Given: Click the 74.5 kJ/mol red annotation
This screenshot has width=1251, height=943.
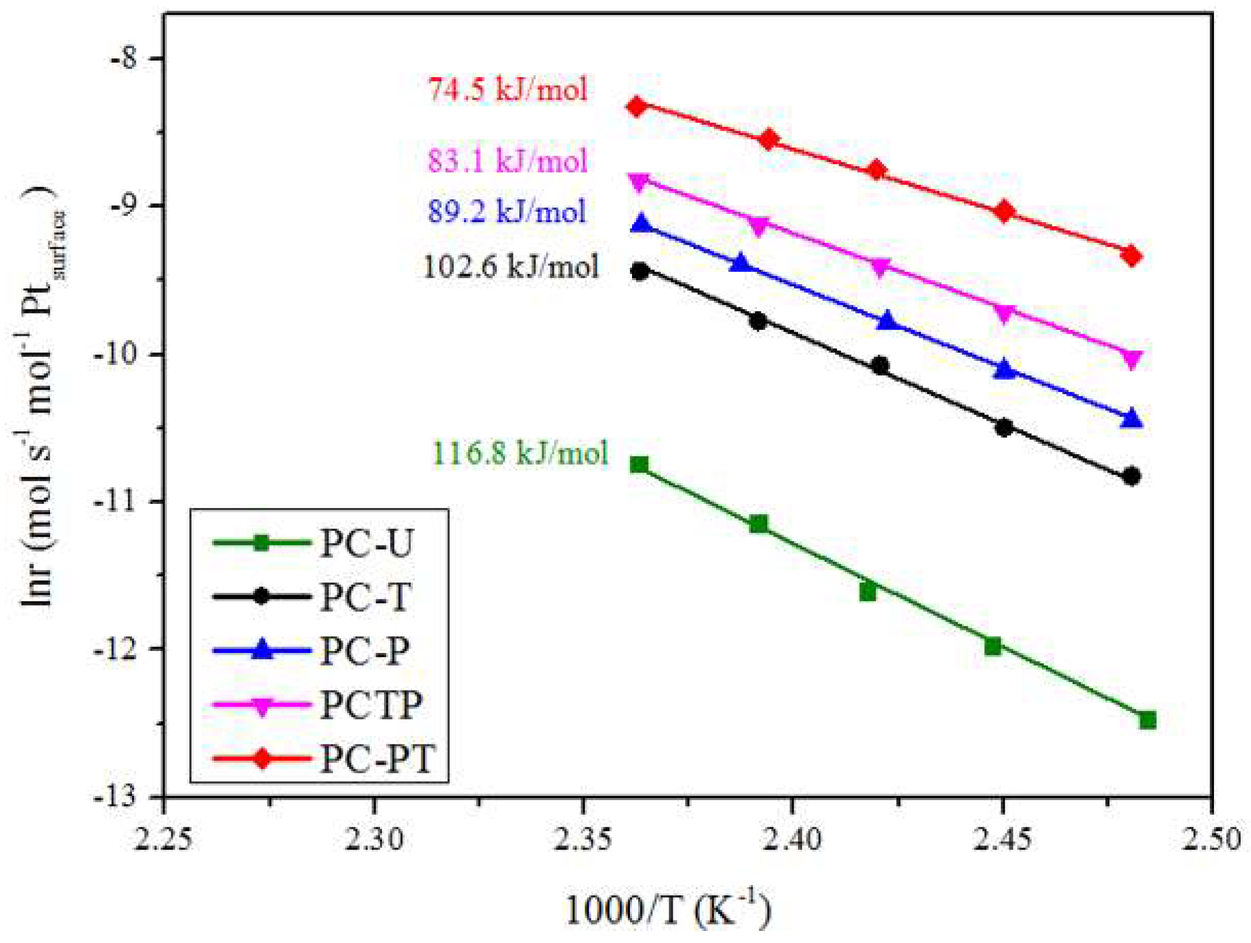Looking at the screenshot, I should coord(507,90).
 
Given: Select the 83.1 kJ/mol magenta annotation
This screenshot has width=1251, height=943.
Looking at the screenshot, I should coord(507,161).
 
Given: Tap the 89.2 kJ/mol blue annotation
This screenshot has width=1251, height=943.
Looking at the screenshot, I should coord(506,212).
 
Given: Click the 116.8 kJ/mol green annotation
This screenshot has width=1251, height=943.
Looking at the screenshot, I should coord(520,453).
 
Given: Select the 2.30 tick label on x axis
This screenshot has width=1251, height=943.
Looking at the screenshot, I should coord(374,840).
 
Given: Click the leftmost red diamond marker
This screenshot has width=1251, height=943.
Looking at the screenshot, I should coord(638,106).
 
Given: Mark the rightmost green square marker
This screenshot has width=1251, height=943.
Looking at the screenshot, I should coord(1147,720).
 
